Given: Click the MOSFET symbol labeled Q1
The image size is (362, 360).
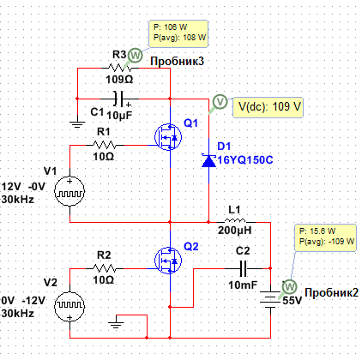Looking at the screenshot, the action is click(x=168, y=137).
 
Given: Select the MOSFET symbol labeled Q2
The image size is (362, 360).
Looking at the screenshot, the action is click(x=168, y=261).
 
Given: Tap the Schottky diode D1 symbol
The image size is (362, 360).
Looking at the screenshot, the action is click(x=208, y=161).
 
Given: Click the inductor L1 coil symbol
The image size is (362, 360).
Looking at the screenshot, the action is click(x=235, y=220).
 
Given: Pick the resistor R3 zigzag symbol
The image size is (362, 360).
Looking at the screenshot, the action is click(x=120, y=68).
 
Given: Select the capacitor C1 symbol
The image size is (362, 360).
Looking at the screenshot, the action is click(x=119, y=99).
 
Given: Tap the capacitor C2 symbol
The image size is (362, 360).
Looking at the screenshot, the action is click(x=243, y=268).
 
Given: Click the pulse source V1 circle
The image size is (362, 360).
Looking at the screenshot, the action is click(x=69, y=191).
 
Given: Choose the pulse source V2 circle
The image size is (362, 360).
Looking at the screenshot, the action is click(x=69, y=306).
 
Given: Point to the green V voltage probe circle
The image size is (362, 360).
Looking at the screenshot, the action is click(x=220, y=102).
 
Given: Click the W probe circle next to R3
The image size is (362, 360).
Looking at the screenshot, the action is click(x=135, y=55).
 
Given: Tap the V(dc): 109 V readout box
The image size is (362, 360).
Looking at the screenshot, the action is click(x=268, y=107).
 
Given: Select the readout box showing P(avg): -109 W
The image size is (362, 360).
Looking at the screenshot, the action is click(x=325, y=237).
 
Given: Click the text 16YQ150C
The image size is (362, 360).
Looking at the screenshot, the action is click(x=245, y=160).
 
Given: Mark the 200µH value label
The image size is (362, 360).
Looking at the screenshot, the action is click(x=235, y=231).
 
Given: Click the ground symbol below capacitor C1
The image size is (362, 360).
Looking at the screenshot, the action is click(x=77, y=124).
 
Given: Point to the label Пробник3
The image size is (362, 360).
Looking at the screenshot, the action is click(x=178, y=61).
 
